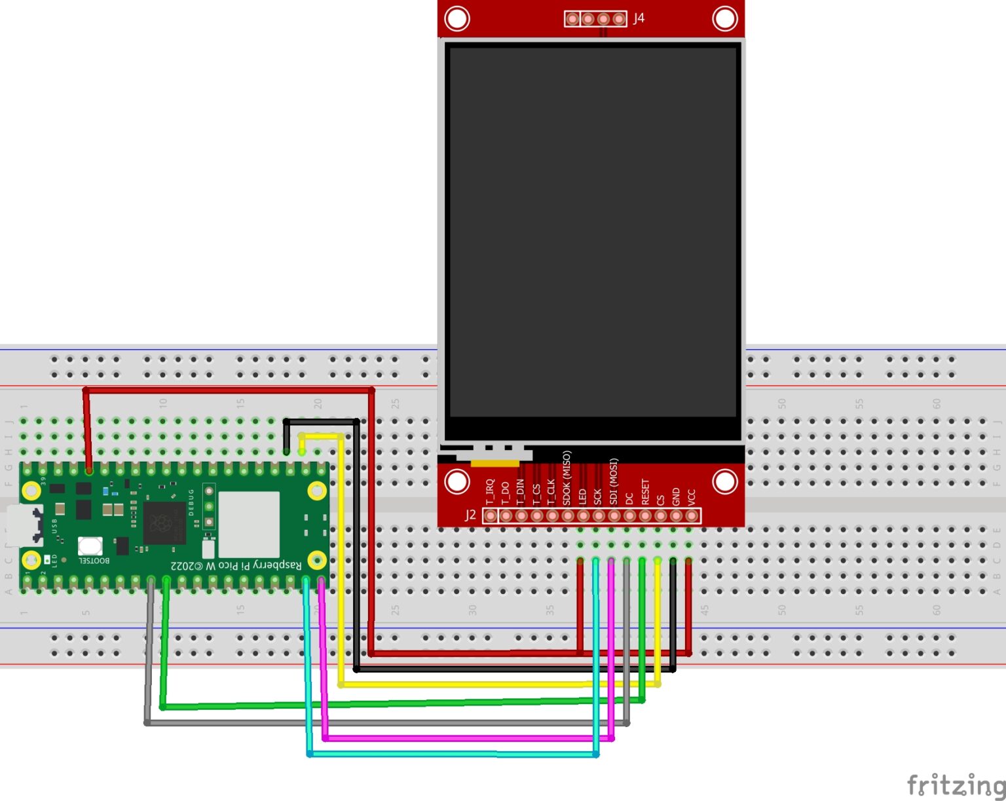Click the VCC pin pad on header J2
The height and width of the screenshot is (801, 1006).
pos(691,516)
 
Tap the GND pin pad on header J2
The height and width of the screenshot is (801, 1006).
pos(676,516)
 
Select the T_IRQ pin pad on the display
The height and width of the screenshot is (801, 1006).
pos(490,516)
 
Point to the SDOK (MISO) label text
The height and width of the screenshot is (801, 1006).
pos(567,477)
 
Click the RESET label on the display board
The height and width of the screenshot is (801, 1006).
pos(645,492)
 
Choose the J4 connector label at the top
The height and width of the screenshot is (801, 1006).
pos(639,18)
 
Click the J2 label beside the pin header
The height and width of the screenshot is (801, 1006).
pos(470,515)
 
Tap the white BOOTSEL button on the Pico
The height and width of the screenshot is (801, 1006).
pos(90,546)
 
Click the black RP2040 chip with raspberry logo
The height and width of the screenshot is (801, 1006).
pos(164,523)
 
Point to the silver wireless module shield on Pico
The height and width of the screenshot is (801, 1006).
pos(249,525)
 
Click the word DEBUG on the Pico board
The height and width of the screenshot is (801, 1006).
pos(191,502)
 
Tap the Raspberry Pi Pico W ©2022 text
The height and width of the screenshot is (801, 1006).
pos(236,565)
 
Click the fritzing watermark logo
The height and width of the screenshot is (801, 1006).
pos(956,784)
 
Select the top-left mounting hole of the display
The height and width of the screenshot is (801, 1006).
pos(456,18)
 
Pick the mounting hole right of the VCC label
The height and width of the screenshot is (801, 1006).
pos(724,481)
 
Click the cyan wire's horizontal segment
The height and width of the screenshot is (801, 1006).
pos(452,754)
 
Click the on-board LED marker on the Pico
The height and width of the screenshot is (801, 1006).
pos(47,560)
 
